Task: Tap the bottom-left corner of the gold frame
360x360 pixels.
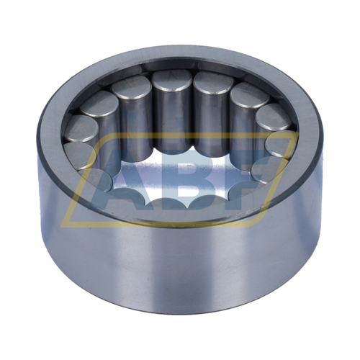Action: (63, 225)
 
